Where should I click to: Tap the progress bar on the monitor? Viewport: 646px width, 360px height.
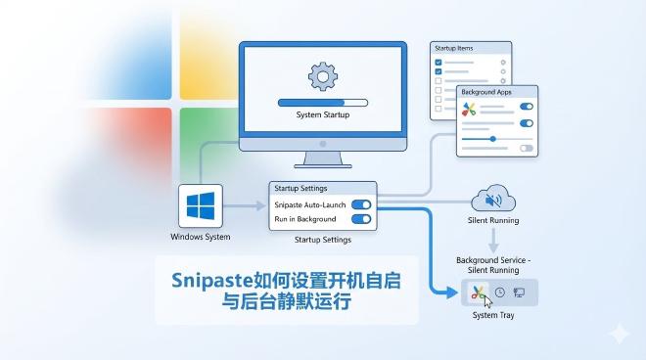pyautogui.click(x=322, y=101)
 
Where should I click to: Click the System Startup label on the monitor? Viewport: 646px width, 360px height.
pyautogui.click(x=322, y=115)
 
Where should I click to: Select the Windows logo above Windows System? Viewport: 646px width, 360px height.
pyautogui.click(x=200, y=207)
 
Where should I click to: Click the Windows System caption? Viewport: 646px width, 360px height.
pyautogui.click(x=200, y=237)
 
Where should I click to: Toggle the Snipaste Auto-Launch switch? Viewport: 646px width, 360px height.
pyautogui.click(x=360, y=204)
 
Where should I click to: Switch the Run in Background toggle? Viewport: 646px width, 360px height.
pyautogui.click(x=360, y=221)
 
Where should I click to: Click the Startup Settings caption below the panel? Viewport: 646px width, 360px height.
pyautogui.click(x=322, y=240)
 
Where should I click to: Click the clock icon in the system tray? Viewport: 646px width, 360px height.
pyautogui.click(x=500, y=292)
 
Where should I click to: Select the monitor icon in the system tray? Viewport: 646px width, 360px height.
pyautogui.click(x=519, y=292)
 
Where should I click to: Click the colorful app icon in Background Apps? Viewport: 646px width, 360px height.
pyautogui.click(x=471, y=109)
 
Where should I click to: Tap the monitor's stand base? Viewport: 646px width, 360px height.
pyautogui.click(x=322, y=162)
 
